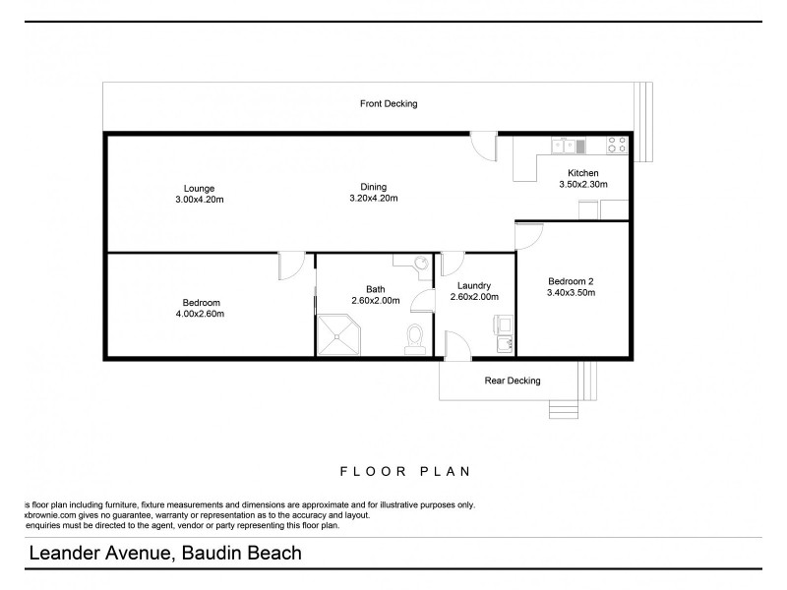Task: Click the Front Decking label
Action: click(389, 103)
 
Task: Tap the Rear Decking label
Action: click(513, 381)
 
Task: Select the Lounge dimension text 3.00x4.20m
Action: click(199, 199)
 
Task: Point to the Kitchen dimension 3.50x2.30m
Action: click(583, 184)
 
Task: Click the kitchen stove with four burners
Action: click(617, 147)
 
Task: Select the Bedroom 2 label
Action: click(571, 280)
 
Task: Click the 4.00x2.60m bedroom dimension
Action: click(201, 314)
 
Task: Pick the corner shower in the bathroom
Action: click(337, 335)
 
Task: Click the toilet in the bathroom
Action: click(415, 338)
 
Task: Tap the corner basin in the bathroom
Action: click(419, 264)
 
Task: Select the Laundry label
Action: click(474, 286)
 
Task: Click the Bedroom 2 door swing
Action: click(529, 236)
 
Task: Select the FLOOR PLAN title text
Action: click(393, 470)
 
